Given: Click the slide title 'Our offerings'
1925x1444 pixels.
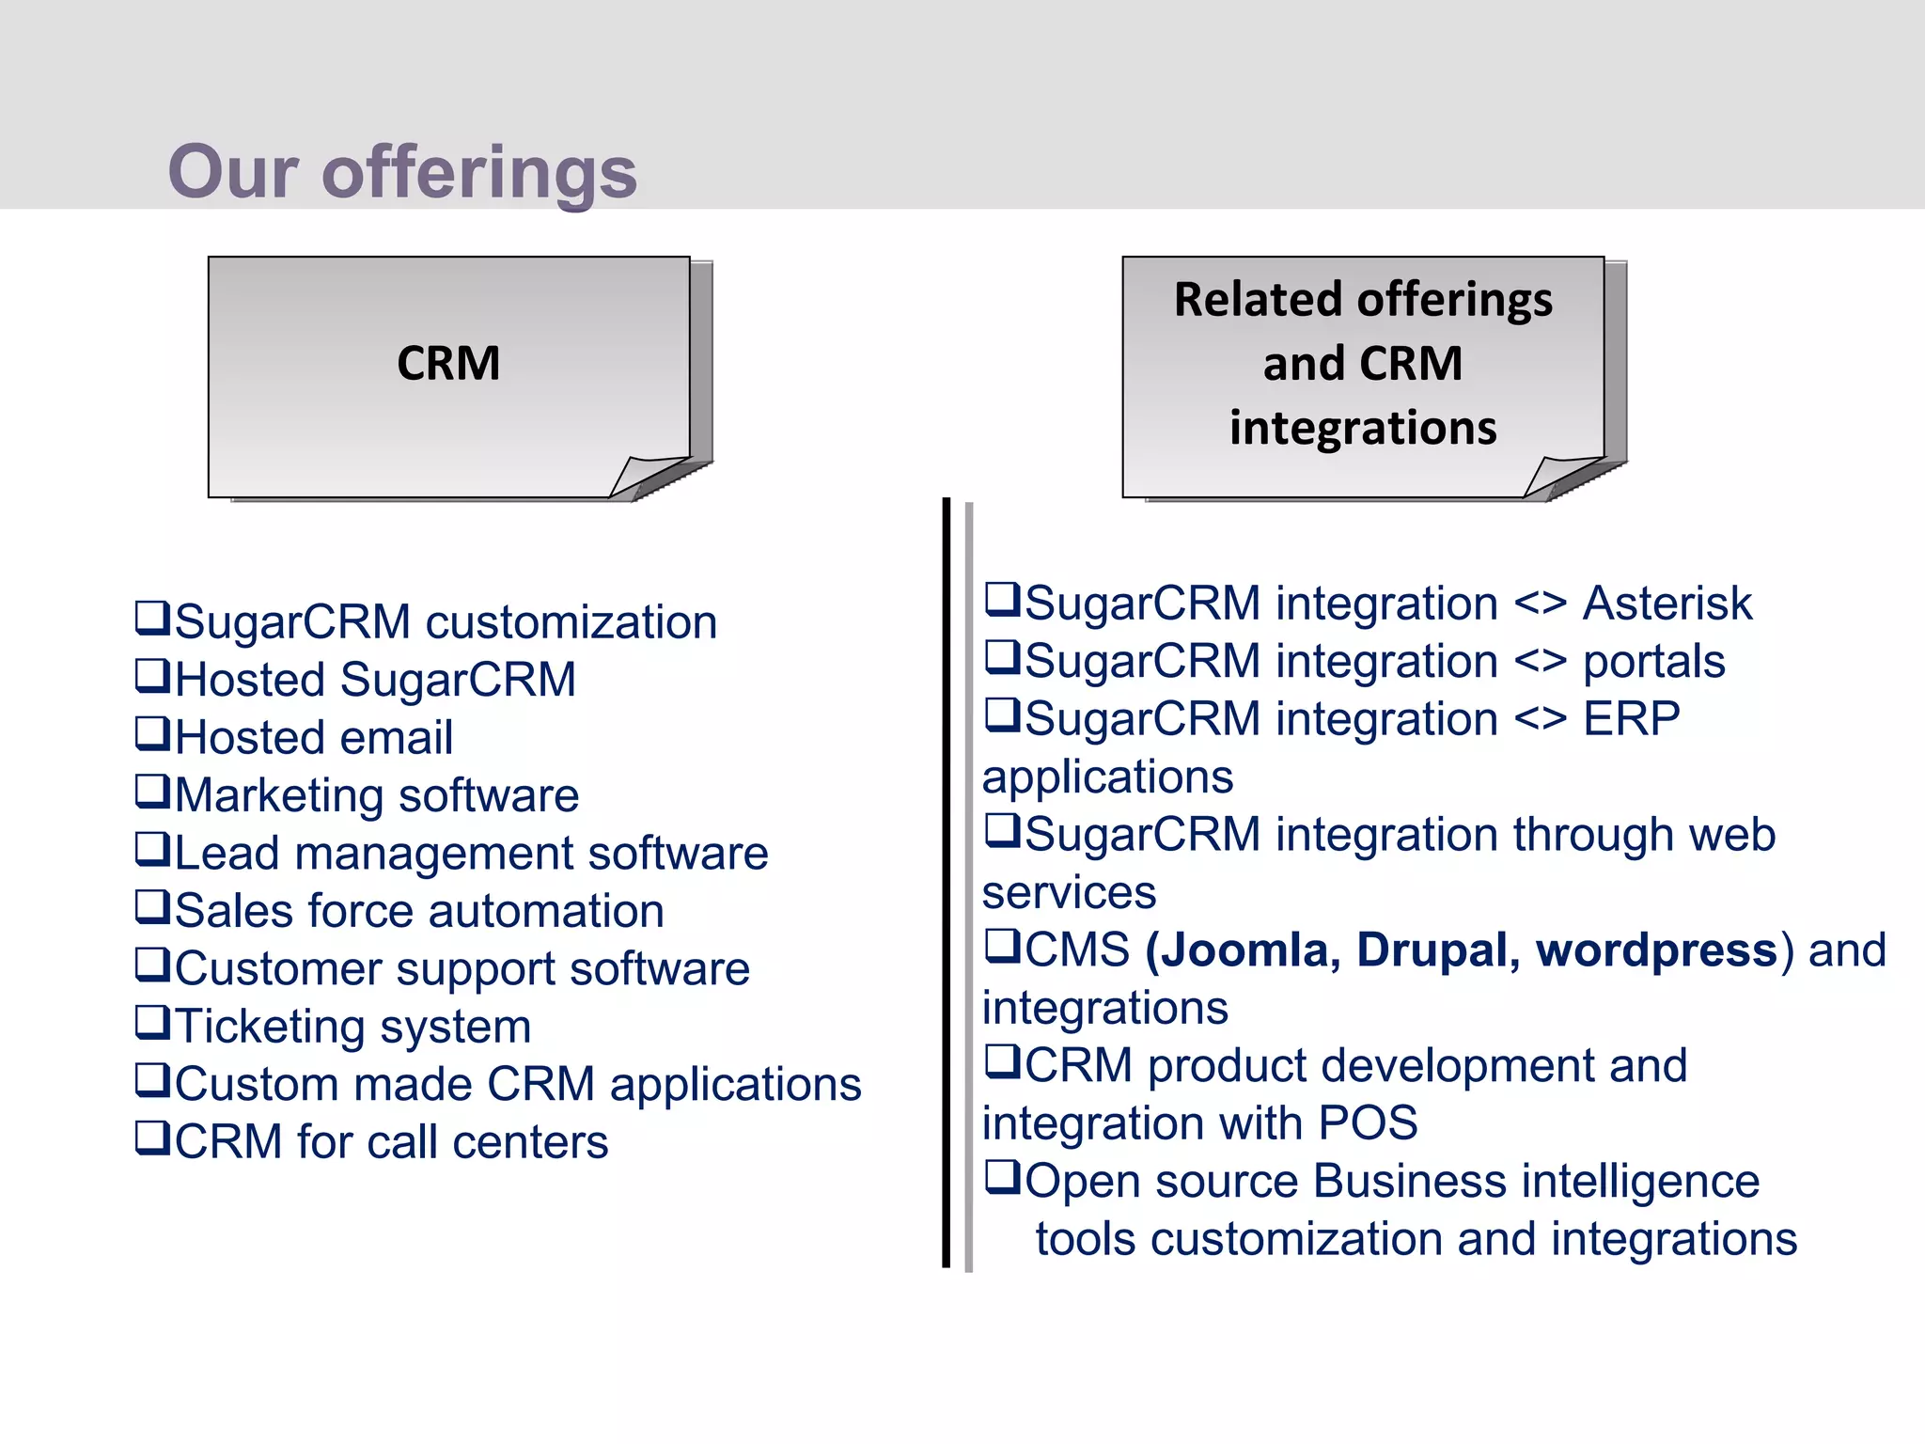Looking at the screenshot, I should tap(402, 172).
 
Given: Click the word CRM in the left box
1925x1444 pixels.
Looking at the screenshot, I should tap(448, 363).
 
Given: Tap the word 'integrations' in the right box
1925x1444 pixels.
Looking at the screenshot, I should tap(1362, 428).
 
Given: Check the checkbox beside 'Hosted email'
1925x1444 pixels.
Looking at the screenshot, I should tap(152, 733).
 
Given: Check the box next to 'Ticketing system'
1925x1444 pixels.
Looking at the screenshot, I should tap(152, 1022).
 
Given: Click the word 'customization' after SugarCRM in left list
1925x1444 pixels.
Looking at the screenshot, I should tap(571, 622).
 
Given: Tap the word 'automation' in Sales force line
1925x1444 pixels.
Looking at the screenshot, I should tap(546, 911).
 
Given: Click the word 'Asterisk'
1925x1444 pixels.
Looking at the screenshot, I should tap(1667, 604).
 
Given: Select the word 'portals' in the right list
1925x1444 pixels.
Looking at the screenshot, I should tap(1654, 661).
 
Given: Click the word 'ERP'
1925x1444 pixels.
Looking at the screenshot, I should tap(1631, 719).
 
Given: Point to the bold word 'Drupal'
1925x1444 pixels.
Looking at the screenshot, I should tap(1432, 950).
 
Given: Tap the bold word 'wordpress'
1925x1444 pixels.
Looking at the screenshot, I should tap(1656, 950).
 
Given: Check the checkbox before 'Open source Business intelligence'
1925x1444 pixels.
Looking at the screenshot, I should tap(1002, 1177).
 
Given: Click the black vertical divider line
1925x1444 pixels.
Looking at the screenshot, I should tap(947, 884).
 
